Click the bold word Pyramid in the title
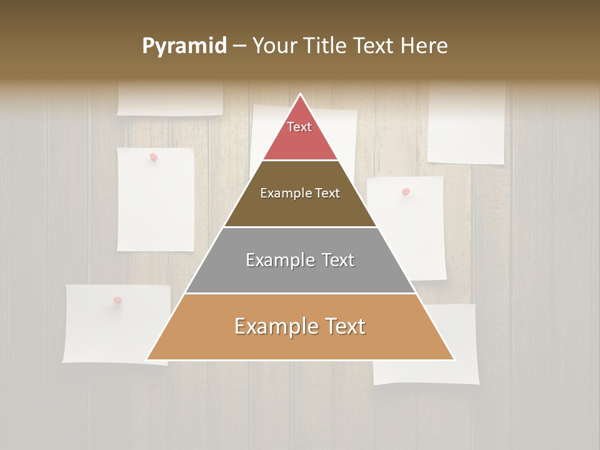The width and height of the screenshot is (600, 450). click(x=184, y=46)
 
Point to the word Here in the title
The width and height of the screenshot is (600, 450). click(x=424, y=46)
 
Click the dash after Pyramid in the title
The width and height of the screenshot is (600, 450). click(x=239, y=46)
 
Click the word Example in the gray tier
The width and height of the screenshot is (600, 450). click(x=278, y=260)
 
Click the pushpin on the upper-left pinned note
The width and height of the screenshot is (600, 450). click(x=153, y=157)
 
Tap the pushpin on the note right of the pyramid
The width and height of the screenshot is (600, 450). click(x=406, y=191)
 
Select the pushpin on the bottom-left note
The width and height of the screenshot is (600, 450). click(x=117, y=301)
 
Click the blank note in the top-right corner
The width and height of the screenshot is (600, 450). click(x=466, y=125)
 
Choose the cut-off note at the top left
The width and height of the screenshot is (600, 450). click(x=170, y=100)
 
